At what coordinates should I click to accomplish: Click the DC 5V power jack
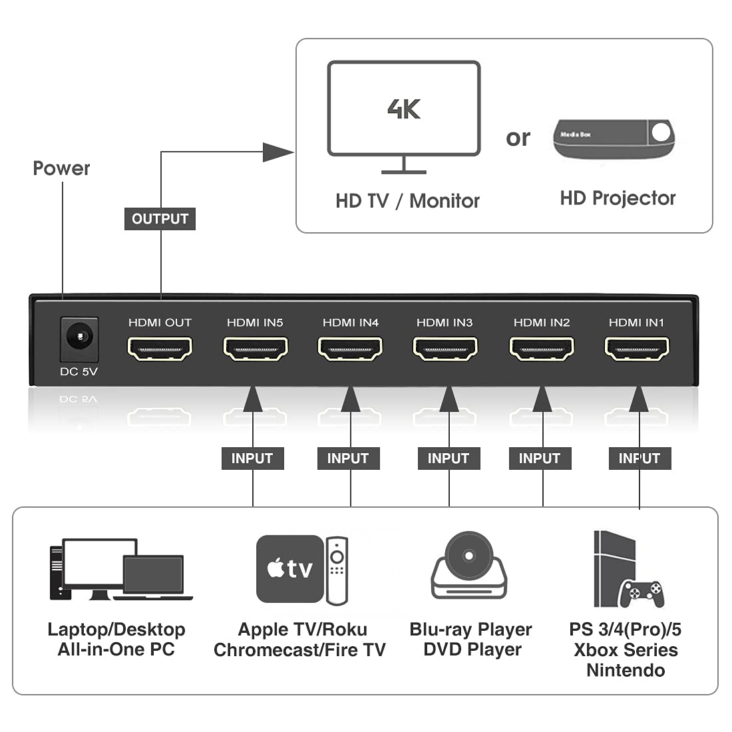tap(80, 339)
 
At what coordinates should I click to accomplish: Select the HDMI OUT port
tap(160, 348)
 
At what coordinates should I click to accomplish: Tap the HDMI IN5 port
tap(255, 348)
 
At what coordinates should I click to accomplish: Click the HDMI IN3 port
tap(445, 348)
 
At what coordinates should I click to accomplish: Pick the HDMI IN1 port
tap(637, 348)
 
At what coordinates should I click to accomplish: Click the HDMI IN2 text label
tap(542, 323)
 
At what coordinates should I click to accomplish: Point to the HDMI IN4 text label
tap(350, 323)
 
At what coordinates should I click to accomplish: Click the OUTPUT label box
tap(160, 219)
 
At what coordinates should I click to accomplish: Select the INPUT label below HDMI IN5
tap(252, 458)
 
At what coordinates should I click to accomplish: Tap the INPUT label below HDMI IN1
tap(640, 458)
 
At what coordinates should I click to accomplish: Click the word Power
tap(61, 168)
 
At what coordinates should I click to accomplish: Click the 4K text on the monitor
tap(404, 109)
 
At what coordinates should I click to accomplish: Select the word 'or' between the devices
tap(518, 138)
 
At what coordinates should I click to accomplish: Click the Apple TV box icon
tap(289, 568)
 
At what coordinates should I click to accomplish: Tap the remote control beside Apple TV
tap(337, 570)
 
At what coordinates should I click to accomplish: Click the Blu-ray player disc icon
tap(469, 566)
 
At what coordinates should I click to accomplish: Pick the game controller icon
tap(641, 593)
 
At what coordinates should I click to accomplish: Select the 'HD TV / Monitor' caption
tap(407, 201)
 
